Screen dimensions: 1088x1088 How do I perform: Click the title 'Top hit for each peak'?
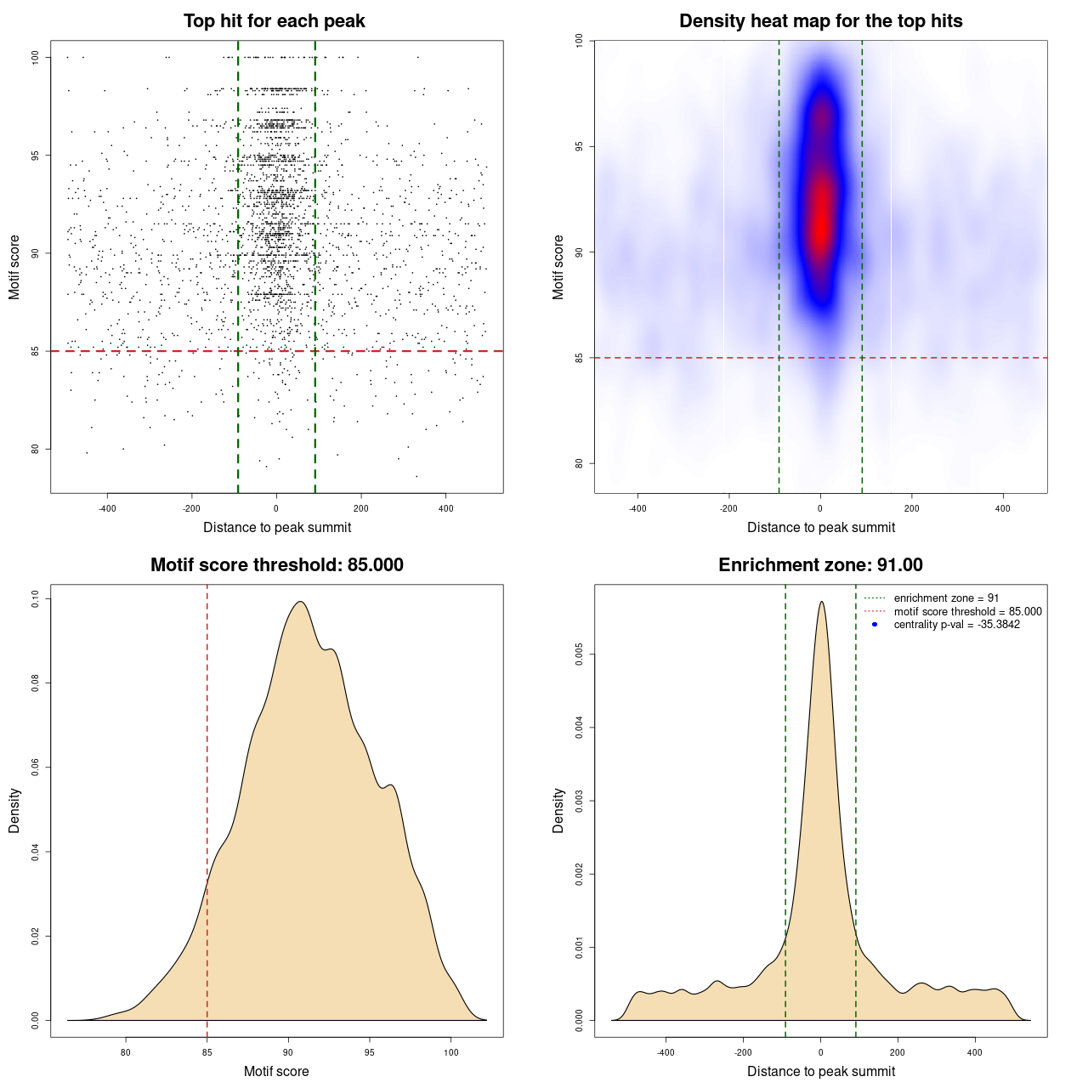(274, 21)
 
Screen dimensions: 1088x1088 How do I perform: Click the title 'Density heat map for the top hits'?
(820, 21)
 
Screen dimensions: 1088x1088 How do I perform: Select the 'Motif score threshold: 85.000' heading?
(276, 565)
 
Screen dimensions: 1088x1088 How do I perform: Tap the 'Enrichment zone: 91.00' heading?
(820, 565)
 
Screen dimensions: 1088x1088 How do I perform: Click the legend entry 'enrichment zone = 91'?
(946, 598)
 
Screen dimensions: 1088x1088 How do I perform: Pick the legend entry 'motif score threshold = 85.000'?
(967, 611)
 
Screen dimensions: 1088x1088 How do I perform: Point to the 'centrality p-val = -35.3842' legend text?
(956, 625)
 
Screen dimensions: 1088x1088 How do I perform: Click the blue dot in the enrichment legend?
(875, 625)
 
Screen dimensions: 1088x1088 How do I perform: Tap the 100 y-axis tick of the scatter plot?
(36, 57)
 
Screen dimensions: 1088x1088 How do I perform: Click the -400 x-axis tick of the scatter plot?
(107, 508)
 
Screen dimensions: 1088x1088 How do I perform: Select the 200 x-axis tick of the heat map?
(911, 508)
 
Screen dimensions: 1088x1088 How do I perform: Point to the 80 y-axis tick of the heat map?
(580, 463)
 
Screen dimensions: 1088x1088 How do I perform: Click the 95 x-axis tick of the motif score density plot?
(369, 1052)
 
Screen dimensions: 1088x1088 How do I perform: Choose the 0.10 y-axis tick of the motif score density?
(36, 599)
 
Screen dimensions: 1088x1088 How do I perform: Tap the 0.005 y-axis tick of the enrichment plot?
(580, 654)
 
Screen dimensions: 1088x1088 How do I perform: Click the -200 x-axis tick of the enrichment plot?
(743, 1052)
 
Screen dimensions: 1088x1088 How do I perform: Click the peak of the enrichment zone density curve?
(821, 602)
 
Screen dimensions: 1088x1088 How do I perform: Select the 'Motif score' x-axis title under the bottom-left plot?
(276, 1071)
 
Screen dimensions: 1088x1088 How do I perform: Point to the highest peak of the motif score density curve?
(300, 602)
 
